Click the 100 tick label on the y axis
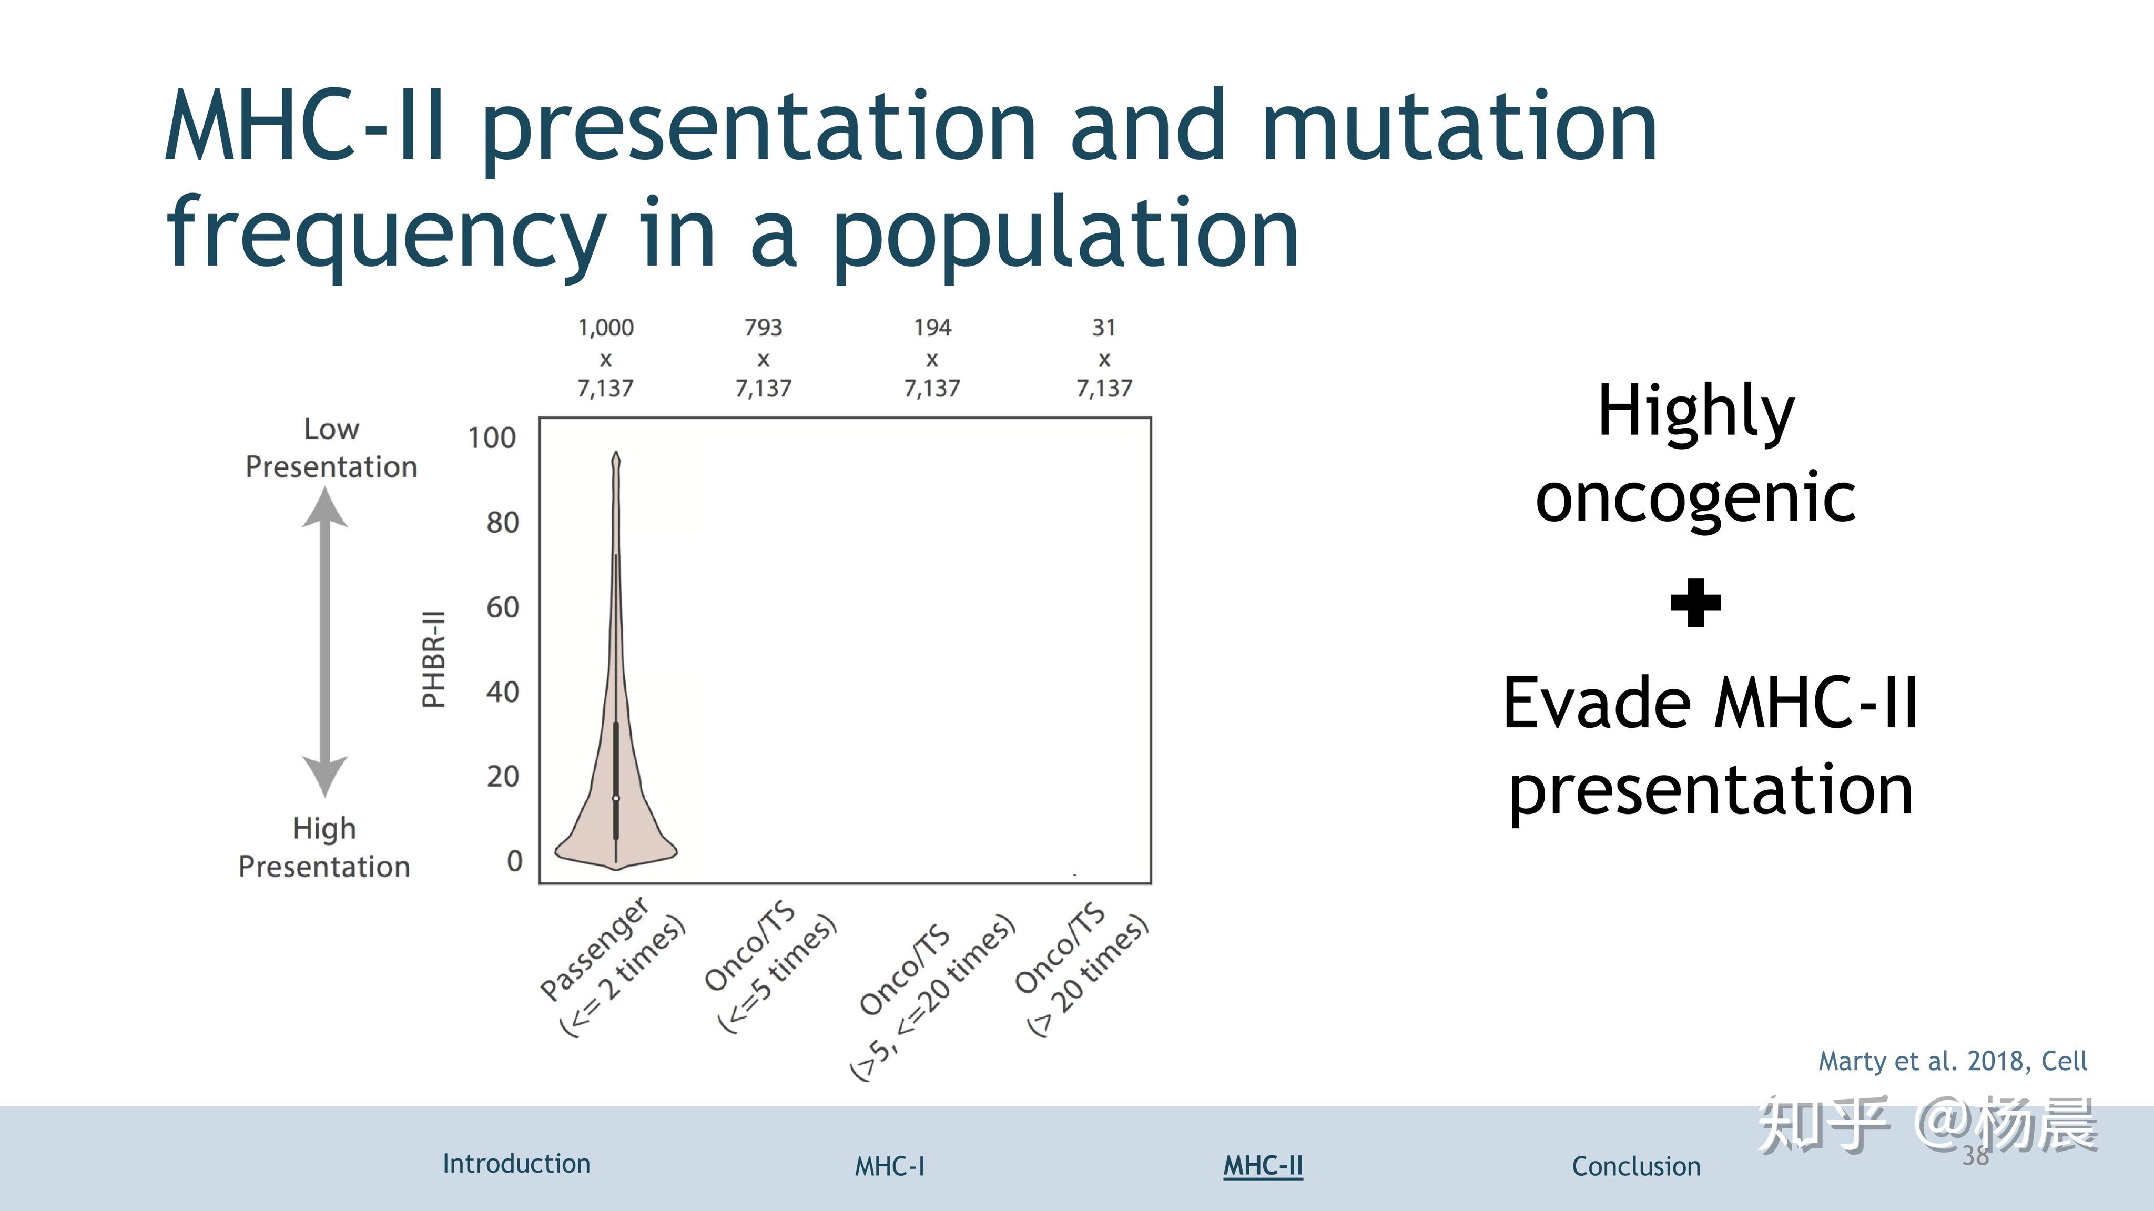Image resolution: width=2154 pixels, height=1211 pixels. coord(492,437)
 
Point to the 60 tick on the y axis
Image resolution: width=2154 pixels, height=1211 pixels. coord(503,607)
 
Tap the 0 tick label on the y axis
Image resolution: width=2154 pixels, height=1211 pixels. coord(514,861)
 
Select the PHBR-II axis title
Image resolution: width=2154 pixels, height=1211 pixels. coord(433,660)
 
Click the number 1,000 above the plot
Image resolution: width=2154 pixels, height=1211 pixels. coord(605,327)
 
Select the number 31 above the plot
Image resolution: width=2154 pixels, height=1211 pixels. coord(1104,327)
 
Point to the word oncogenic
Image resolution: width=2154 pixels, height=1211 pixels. coord(1696,497)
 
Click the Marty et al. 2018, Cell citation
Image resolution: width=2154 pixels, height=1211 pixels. coord(1953,1061)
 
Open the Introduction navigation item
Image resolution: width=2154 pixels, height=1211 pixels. coord(516,1163)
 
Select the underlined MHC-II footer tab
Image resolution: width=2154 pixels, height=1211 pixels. coord(1263,1166)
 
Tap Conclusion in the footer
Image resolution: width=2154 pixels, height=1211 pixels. coord(1635,1166)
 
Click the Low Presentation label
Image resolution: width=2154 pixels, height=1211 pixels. coord(331,447)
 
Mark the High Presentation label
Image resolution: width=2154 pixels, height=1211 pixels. coord(324,847)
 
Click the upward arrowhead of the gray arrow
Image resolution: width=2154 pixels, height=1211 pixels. coord(324,507)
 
